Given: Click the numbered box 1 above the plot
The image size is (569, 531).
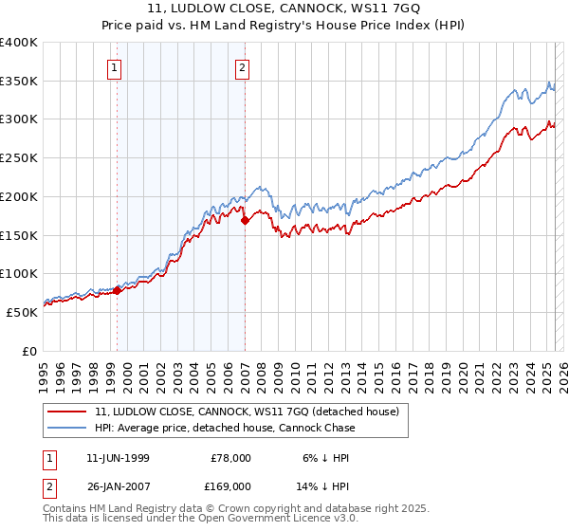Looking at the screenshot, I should [114, 66].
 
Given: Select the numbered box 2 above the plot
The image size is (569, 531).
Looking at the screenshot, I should [243, 66].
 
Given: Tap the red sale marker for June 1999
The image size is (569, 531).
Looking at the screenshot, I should [118, 290].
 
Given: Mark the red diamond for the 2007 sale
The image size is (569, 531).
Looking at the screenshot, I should [245, 220].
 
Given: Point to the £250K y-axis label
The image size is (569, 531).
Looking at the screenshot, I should [19, 158].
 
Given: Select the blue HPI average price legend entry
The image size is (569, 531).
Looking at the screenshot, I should [225, 428].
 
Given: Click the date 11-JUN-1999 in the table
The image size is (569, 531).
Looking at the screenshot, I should [118, 457].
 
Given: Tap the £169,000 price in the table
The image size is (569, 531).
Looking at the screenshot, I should [230, 485].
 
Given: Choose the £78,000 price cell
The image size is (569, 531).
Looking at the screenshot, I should [230, 457].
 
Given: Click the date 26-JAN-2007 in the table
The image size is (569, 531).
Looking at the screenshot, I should [118, 485].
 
